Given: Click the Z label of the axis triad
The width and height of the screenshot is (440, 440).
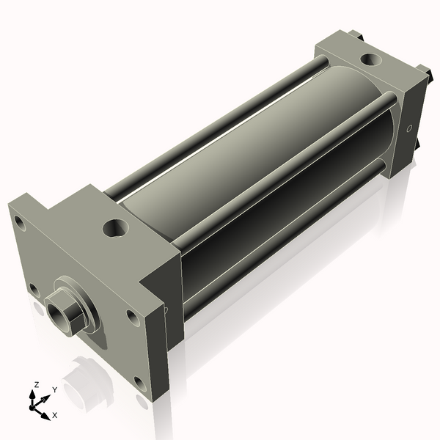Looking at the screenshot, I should [x=37, y=384].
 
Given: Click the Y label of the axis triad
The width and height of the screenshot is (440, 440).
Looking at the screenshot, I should [x=54, y=389].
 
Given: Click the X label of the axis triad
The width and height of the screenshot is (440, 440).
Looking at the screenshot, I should [x=54, y=415].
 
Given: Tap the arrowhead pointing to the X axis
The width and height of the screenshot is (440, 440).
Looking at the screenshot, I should [x=46, y=411].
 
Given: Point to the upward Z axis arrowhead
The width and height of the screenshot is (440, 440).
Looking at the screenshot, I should [x=35, y=393].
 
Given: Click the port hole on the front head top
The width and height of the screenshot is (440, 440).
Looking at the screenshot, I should [x=114, y=227].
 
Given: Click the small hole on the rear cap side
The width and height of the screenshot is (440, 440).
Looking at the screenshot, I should [x=409, y=130].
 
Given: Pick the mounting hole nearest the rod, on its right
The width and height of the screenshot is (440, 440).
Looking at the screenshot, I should [x=131, y=317].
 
